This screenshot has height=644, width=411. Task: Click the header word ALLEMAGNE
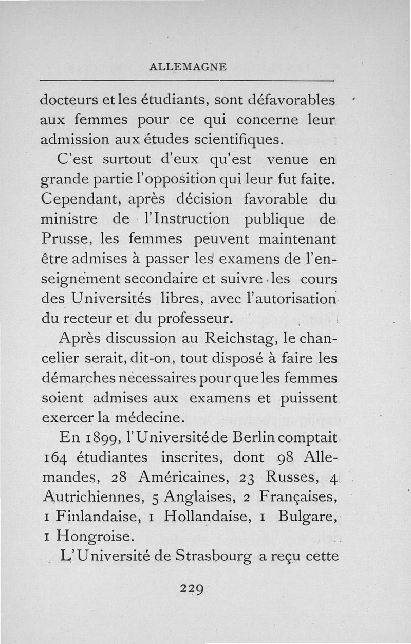tap(187, 67)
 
